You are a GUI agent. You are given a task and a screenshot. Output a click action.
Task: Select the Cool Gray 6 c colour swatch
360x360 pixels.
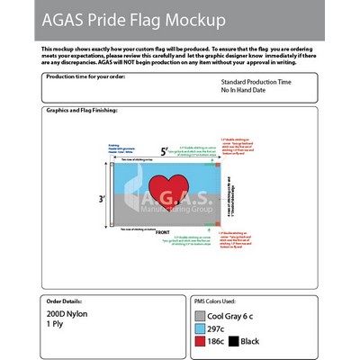199,316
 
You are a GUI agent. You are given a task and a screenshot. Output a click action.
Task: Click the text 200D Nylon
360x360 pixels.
65,314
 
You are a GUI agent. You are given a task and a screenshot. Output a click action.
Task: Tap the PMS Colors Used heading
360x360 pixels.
216,301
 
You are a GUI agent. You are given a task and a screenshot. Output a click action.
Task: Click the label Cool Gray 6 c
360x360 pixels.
234,316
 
